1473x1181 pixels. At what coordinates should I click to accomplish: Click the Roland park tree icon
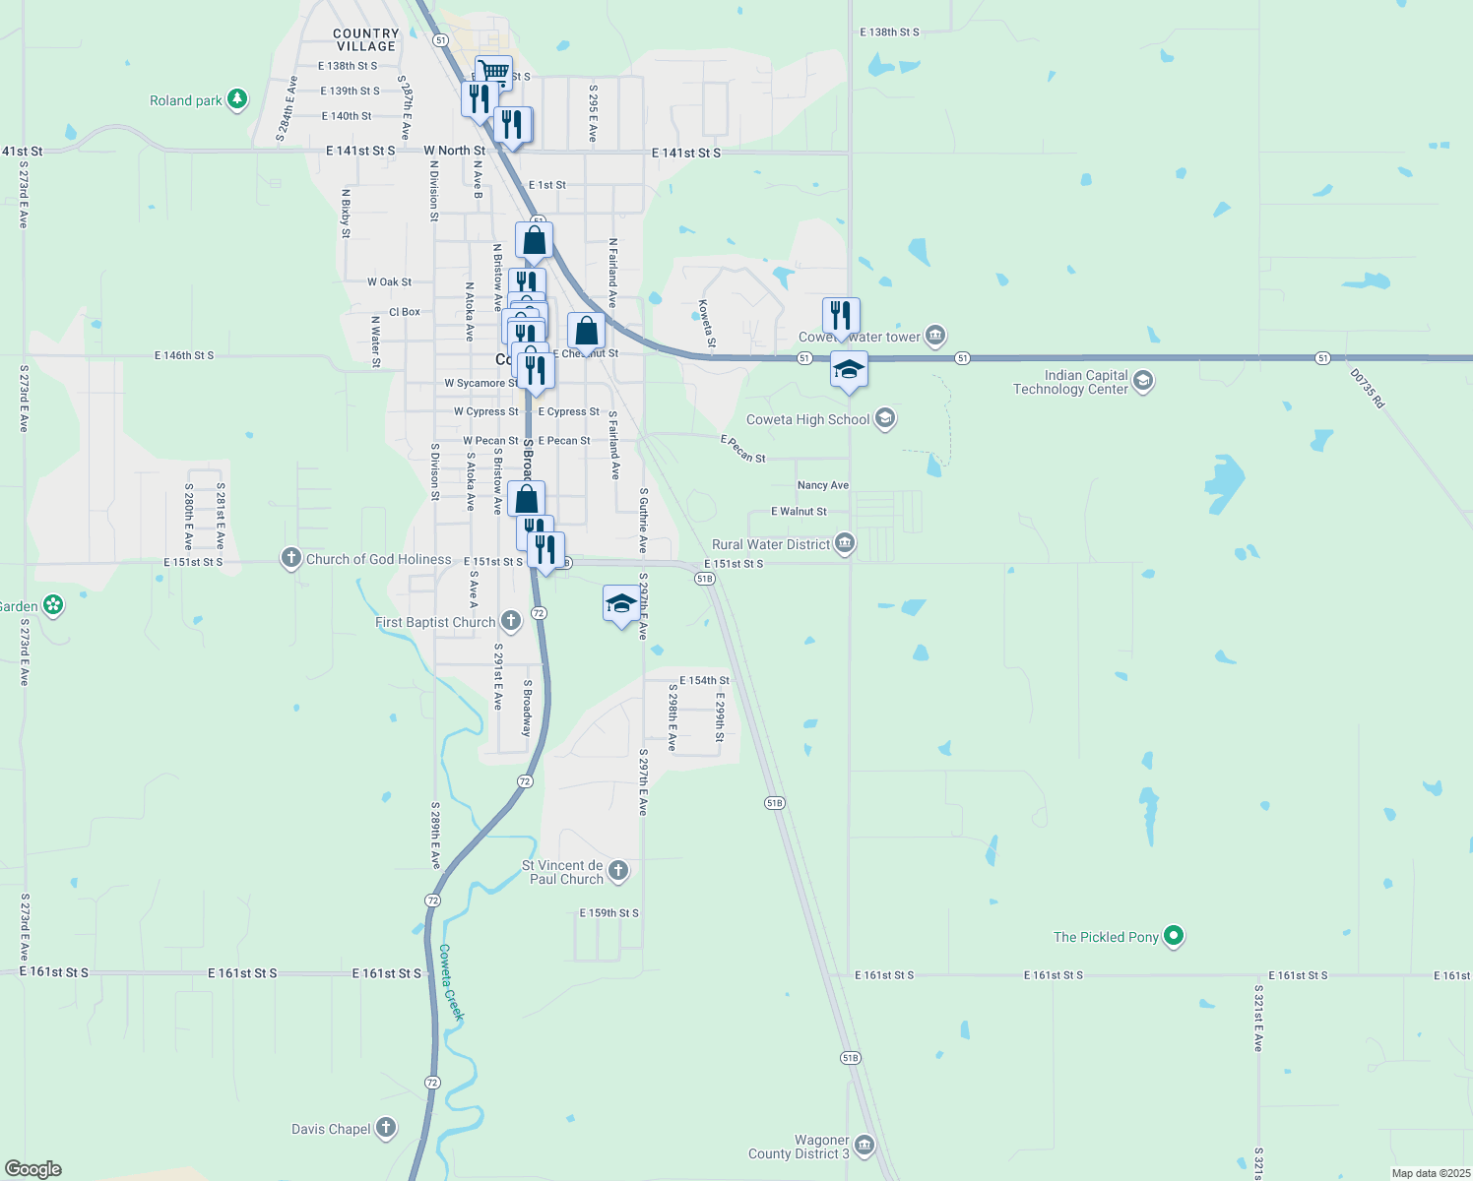236,99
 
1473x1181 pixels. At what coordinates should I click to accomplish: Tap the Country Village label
365,39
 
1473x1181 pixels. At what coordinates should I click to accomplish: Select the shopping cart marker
493,72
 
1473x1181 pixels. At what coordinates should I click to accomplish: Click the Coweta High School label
807,419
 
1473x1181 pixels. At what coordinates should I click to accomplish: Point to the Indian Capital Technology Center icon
1143,380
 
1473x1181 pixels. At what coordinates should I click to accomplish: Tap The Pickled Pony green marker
1173,936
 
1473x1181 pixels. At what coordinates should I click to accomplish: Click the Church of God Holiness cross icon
290,559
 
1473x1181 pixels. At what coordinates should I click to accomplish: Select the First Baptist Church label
435,622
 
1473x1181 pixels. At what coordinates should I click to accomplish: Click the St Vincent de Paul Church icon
617,870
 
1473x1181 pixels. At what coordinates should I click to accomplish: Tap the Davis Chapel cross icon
385,1128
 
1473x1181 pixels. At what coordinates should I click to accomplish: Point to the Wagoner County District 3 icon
864,1145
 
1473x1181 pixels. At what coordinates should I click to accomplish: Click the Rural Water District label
771,544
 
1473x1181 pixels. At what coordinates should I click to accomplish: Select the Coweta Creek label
450,981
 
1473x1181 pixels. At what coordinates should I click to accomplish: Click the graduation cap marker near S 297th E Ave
620,602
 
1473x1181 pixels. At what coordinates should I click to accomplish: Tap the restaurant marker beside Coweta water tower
841,315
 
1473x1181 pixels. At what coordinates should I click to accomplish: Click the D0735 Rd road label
1367,389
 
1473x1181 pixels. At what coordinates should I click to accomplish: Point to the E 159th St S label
608,913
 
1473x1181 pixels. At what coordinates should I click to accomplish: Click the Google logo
33,1169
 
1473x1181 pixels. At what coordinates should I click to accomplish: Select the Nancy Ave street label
822,485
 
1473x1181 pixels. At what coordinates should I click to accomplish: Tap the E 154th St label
704,680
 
